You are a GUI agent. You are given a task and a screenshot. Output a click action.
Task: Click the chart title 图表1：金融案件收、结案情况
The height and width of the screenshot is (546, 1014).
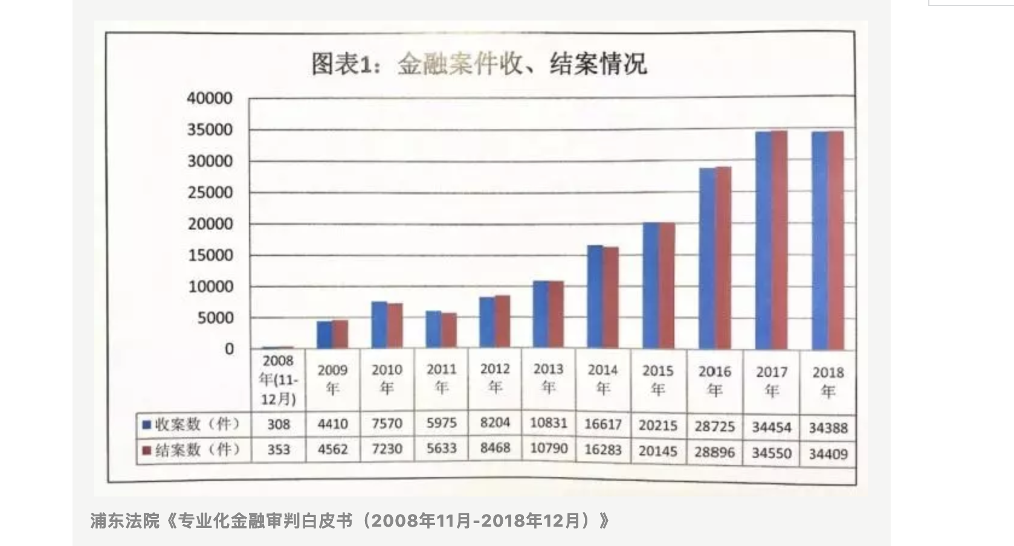(x=479, y=64)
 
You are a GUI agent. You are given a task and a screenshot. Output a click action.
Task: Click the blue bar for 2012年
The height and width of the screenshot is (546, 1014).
(x=487, y=323)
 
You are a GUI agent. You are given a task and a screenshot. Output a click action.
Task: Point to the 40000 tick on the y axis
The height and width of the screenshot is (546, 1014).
(x=210, y=98)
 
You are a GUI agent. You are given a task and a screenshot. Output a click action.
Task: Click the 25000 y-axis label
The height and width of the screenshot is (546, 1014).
(x=210, y=193)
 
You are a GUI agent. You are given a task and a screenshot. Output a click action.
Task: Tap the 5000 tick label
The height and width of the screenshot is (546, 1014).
(x=215, y=318)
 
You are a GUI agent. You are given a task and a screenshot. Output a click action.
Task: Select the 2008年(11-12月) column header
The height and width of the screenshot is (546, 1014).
(x=278, y=380)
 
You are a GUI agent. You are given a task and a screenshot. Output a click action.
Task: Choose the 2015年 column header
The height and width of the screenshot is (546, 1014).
(x=658, y=380)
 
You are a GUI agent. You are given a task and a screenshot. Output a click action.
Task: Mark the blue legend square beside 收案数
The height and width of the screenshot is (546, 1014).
(x=146, y=425)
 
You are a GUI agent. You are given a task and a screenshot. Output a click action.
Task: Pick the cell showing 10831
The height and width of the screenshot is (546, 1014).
(x=548, y=423)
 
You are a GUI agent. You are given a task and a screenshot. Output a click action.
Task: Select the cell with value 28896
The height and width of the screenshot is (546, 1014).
(x=714, y=451)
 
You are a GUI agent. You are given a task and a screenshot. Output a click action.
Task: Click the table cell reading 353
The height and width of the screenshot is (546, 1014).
(x=279, y=450)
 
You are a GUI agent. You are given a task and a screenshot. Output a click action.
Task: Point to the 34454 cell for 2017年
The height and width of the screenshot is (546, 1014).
(x=771, y=427)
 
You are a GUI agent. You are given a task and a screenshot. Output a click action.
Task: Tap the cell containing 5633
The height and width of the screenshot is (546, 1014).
(x=441, y=448)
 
